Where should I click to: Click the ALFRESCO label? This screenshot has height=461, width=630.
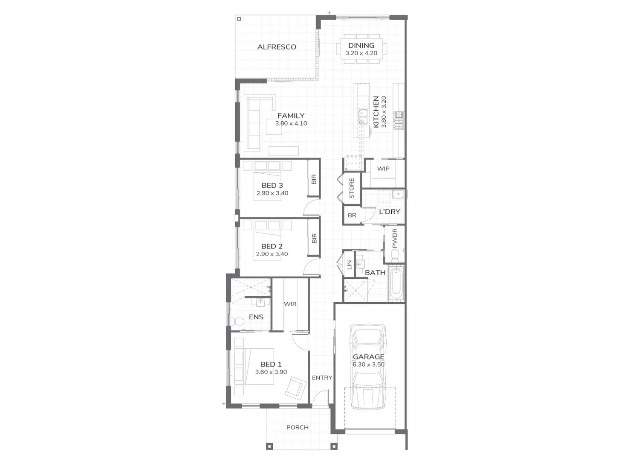coord(277,47)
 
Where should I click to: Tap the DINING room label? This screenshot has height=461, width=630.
coord(361,46)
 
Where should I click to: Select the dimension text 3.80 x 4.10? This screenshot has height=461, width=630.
coord(291,123)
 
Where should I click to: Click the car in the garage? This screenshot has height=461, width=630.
coord(368,367)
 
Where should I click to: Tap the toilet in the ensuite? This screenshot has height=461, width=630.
coord(235,321)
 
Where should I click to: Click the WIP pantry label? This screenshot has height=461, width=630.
coord(383,169)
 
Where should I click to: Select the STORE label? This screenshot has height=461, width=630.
coord(352,188)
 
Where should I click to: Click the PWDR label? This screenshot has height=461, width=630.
coord(394,238)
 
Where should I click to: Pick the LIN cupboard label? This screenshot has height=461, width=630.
coord(350,265)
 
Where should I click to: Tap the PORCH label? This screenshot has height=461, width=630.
coord(297,427)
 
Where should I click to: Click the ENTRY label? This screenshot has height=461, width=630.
coord(322,378)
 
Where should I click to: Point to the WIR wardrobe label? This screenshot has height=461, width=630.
coord(290,304)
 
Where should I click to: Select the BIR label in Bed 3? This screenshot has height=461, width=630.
coord(314,179)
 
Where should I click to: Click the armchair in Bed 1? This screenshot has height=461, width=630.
coord(295,387)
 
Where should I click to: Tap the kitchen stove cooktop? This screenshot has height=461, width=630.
coord(399,120)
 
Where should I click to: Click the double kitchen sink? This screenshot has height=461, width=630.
coord(363,117)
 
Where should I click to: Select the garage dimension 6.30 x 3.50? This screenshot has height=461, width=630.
coord(368,365)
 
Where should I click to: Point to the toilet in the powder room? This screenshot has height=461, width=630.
coord(394,255)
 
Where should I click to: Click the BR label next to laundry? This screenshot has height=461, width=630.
coord(352,215)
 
